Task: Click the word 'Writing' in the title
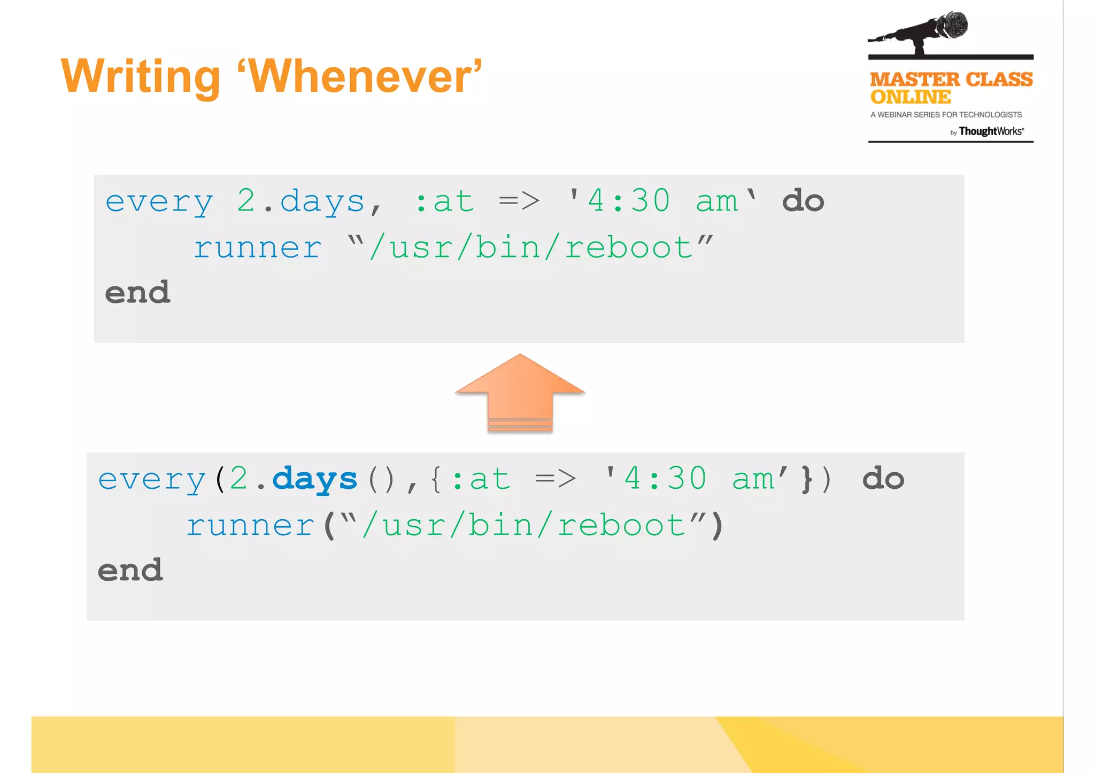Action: (x=141, y=76)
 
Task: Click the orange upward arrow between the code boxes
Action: (x=520, y=392)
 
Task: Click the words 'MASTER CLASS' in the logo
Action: (x=951, y=80)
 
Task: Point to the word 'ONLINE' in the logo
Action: (x=911, y=97)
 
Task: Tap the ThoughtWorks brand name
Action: (x=991, y=131)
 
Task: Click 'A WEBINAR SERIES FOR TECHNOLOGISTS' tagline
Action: (x=946, y=115)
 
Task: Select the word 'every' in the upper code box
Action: (x=159, y=202)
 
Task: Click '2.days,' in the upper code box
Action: (x=309, y=202)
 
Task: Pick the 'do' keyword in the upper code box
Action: (x=803, y=201)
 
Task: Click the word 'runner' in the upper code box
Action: (x=257, y=248)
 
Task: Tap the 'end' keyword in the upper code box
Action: (x=137, y=293)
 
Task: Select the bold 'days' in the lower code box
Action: (x=314, y=479)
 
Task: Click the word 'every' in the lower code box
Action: (x=152, y=479)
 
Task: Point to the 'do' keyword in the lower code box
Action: (x=883, y=479)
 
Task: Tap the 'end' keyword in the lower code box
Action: (x=130, y=570)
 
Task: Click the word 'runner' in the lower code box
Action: (x=250, y=525)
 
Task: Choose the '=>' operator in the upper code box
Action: (x=519, y=202)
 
